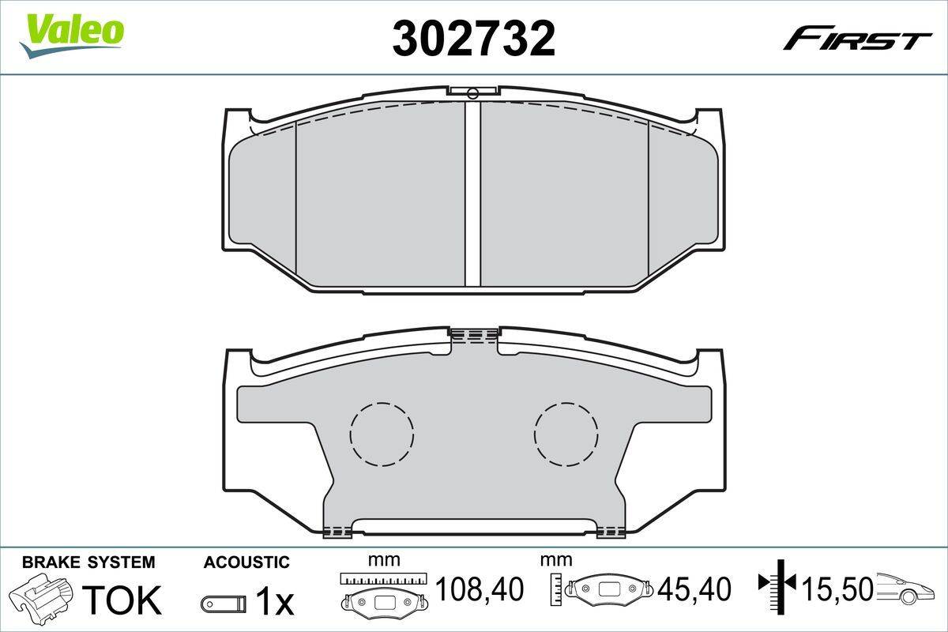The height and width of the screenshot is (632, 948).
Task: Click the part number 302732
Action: coord(474,38)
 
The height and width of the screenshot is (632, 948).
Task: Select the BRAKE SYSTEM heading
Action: coord(88,562)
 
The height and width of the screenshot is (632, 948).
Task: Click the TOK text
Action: coord(122,600)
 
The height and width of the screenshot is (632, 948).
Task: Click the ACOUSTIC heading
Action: coord(246,562)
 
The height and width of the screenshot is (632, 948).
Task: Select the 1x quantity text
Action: coord(275,603)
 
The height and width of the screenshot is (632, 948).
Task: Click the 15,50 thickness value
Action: coord(837,589)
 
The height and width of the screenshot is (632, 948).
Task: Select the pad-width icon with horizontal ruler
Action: coord(383,592)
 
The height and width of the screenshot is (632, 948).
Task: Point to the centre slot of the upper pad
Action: coord(472,194)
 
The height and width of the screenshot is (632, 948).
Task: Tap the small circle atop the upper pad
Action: coord(472,94)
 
